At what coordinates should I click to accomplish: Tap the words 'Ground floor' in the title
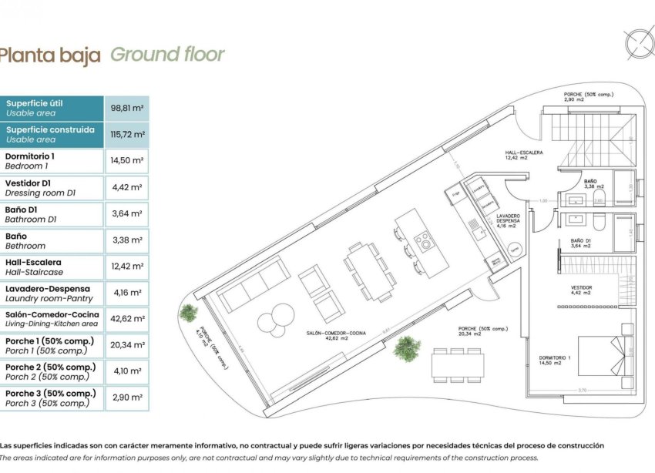pyautogui.click(x=167, y=55)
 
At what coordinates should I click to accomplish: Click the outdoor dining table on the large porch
pyautogui.click(x=458, y=364)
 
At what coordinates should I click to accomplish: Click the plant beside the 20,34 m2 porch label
pyautogui.click(x=406, y=349)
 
